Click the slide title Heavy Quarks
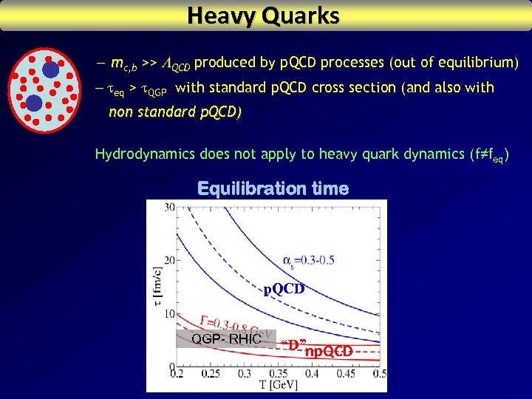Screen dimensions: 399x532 [x=264, y=16]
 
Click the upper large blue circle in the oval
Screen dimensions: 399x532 [x=50, y=70]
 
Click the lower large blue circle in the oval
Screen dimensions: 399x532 [x=34, y=103]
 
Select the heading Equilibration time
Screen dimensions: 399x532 [x=273, y=189]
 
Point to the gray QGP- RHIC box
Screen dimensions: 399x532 [x=226, y=338]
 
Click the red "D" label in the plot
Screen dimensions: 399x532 [x=293, y=344]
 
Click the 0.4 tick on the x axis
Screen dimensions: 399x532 [x=313, y=374]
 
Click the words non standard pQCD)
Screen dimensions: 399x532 [x=174, y=112]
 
